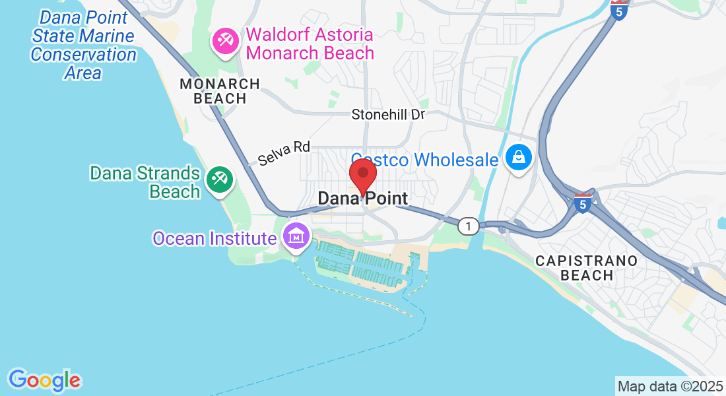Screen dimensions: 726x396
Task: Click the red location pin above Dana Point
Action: click(x=362, y=175)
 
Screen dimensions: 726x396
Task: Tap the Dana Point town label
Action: click(x=362, y=198)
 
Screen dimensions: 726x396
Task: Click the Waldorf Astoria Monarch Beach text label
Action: click(x=310, y=44)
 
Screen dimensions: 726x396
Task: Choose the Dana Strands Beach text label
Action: click(x=145, y=182)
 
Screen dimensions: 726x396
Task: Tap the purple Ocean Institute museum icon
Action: click(x=296, y=235)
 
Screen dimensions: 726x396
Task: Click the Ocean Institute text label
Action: click(x=214, y=238)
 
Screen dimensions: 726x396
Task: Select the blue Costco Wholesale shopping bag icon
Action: click(x=519, y=158)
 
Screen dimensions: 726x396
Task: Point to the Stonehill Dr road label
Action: click(x=388, y=114)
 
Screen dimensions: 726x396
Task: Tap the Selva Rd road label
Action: click(x=284, y=154)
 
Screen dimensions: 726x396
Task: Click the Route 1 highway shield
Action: click(x=468, y=226)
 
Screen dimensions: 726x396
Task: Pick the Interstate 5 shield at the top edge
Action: click(x=618, y=11)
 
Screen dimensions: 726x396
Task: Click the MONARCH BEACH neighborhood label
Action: click(x=220, y=91)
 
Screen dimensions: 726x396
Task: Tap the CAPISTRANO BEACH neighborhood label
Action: click(x=587, y=268)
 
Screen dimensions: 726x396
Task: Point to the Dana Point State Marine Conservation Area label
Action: click(x=83, y=45)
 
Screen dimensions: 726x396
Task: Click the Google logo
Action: click(x=44, y=380)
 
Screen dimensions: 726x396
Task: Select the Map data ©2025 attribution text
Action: click(x=670, y=386)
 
